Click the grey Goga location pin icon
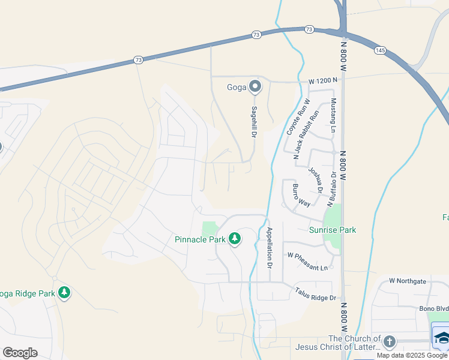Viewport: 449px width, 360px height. point(255,87)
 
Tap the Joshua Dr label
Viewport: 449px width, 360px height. point(316,179)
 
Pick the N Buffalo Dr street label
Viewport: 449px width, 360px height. point(330,190)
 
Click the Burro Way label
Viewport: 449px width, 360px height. point(301,196)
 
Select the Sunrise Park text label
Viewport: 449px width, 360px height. point(333,230)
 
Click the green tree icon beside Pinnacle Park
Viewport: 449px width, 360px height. point(235,239)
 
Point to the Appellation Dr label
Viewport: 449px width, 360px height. point(270,247)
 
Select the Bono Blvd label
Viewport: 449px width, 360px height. point(433,308)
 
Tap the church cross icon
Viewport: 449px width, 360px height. point(389,342)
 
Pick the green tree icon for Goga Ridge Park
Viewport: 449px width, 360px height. point(64,293)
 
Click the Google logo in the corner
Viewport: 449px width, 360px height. point(20,352)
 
